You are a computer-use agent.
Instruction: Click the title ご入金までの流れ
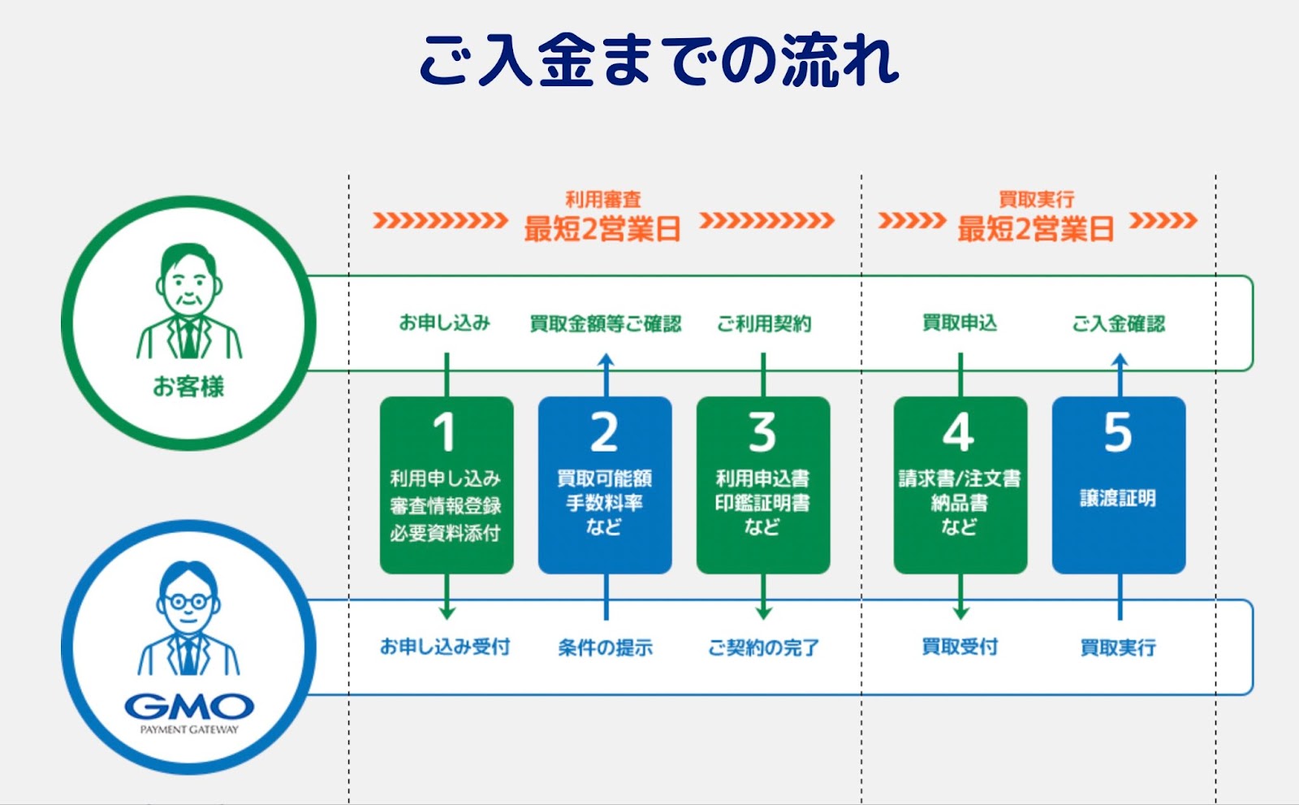(x=659, y=60)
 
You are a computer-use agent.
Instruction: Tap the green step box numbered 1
(x=447, y=485)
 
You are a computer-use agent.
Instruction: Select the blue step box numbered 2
(x=605, y=485)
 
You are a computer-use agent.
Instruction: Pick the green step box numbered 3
(x=763, y=485)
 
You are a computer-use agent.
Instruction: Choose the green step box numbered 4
(x=960, y=485)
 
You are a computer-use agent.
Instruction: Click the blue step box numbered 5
(x=1119, y=485)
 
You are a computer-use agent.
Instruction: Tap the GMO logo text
(x=189, y=707)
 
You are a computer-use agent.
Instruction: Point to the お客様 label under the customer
(x=188, y=387)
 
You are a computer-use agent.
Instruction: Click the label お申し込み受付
(x=445, y=647)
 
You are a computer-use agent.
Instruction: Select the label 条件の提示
(x=605, y=647)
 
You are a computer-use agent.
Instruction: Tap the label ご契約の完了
(x=763, y=647)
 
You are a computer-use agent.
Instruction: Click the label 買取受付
(x=960, y=647)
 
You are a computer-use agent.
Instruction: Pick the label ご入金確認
(x=1118, y=323)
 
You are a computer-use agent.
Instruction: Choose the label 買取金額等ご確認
(x=606, y=323)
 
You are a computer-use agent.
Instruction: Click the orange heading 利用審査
(x=603, y=199)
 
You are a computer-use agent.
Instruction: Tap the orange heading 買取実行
(x=1036, y=199)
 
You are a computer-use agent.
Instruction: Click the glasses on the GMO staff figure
(x=188, y=601)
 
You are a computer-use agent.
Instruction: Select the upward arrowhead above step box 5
(x=1120, y=360)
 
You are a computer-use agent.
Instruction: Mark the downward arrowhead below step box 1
(x=447, y=613)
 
